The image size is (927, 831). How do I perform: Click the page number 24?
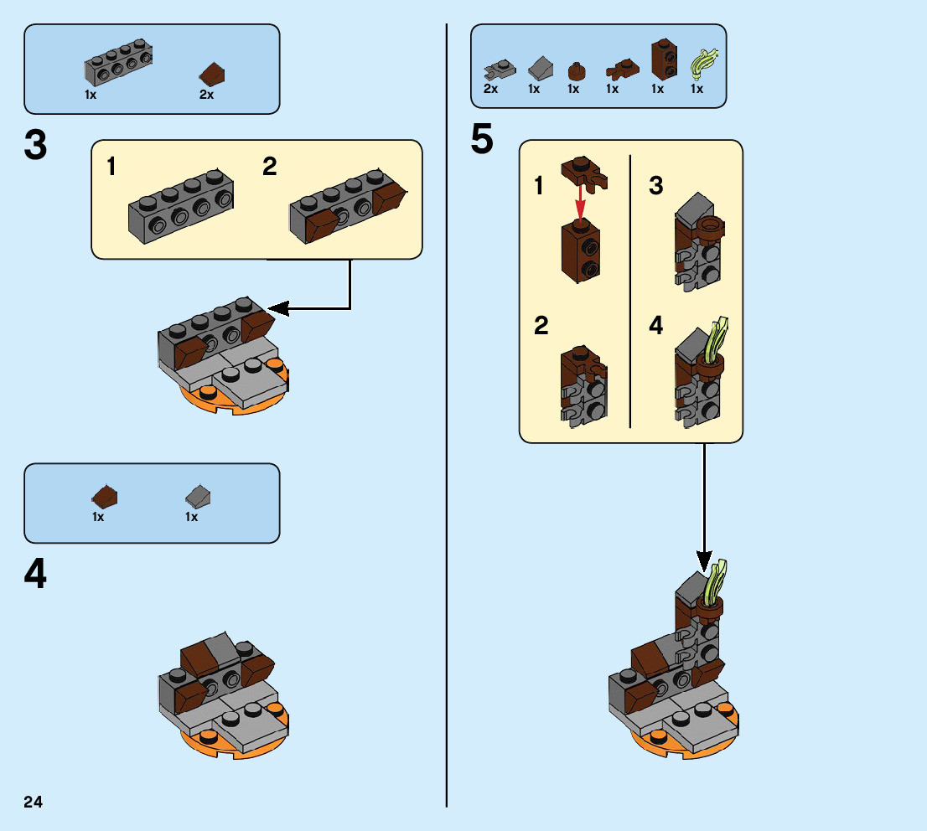tap(34, 803)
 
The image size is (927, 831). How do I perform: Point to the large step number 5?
tap(482, 139)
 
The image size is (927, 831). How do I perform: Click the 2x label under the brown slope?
tap(206, 95)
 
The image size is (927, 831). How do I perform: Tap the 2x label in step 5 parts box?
tap(490, 90)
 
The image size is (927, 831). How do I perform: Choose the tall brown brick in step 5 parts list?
tap(664, 57)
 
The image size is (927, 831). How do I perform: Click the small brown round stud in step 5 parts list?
tap(575, 70)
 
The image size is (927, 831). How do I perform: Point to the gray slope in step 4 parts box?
tap(198, 498)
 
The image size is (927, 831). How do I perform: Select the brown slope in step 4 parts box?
tap(105, 498)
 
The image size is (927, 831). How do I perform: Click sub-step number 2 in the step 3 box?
tap(269, 168)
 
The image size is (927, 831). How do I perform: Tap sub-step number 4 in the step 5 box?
tap(655, 326)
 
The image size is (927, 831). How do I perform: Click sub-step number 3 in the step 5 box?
tap(656, 186)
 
